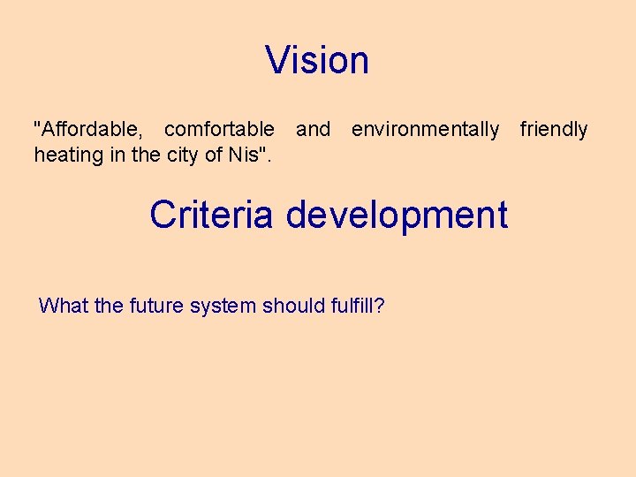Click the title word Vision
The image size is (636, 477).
coord(317,60)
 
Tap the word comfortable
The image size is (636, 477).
coord(219,130)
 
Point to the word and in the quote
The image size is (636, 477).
coord(313,130)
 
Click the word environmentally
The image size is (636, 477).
coord(425,130)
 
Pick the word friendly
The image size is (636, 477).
coord(554,130)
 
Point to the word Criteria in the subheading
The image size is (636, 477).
coord(211,215)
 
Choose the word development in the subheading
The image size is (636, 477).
coord(397,216)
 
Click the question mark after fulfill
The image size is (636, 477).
coord(379,307)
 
